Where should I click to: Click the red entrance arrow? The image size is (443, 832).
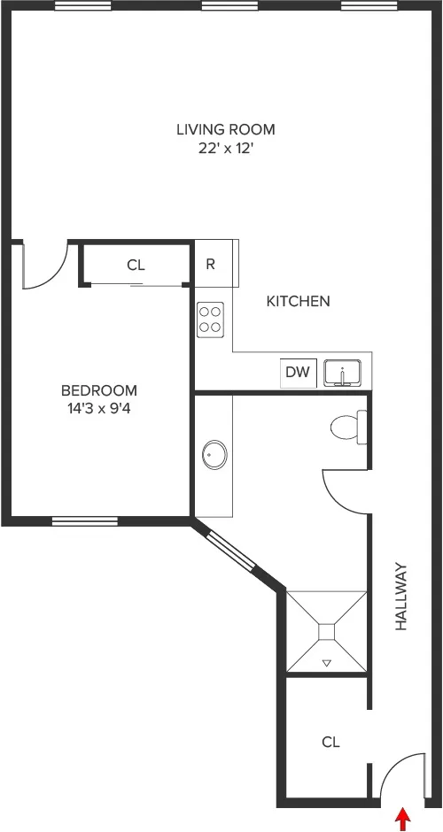coord(404,819)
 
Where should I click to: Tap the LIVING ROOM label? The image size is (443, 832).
coord(225,129)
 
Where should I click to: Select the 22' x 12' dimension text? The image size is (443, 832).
coord(225,149)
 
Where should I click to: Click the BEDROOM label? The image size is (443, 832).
coord(98,390)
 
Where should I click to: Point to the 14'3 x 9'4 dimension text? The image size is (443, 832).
coord(98,409)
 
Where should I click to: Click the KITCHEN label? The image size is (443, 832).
coord(299,301)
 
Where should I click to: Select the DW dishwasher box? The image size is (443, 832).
coord(298,373)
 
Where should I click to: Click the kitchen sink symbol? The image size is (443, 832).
coord(343,374)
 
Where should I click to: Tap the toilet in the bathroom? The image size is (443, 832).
coord(347,428)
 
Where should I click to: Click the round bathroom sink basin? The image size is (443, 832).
coord(214,456)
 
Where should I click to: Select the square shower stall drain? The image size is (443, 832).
coord(325,631)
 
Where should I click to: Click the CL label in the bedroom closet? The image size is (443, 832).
coord(136,264)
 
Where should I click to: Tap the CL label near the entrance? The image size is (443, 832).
coord(330,742)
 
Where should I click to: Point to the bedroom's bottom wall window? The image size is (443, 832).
coord(84,521)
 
